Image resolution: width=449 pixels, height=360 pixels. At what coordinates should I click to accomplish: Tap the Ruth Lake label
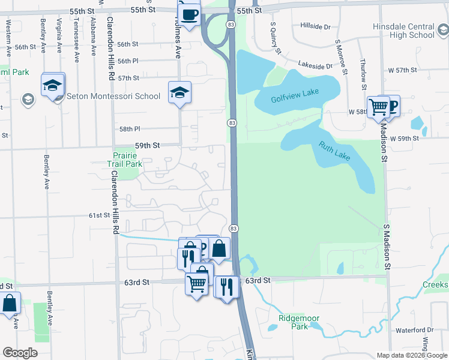pyautogui.click(x=334, y=151)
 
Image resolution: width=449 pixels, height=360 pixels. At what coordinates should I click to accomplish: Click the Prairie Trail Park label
pyautogui.click(x=124, y=159)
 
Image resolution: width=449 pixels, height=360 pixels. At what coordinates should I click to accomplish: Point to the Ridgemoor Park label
pyautogui.click(x=293, y=322)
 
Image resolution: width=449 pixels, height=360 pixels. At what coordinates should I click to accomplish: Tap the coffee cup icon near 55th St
pyautogui.click(x=189, y=13)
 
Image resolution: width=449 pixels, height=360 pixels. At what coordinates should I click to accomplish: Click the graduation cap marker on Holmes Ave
pyautogui.click(x=179, y=93)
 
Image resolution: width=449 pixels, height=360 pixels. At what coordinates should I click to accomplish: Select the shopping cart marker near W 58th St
pyautogui.click(x=379, y=107)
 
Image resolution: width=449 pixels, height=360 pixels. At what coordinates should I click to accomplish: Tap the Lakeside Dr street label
pyautogui.click(x=316, y=66)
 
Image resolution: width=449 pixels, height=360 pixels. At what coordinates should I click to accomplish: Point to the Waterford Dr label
pyautogui.click(x=414, y=330)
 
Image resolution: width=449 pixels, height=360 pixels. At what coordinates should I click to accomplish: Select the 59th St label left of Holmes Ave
pyautogui.click(x=147, y=145)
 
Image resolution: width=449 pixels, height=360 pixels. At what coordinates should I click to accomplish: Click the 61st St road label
pyautogui.click(x=100, y=215)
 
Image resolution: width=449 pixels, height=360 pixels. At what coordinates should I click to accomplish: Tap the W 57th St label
pyautogui.click(x=402, y=70)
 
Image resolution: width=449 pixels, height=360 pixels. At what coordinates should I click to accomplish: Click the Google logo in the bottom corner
pyautogui.click(x=19, y=353)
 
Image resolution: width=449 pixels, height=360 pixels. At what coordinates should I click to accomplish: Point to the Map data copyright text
pyautogui.click(x=411, y=355)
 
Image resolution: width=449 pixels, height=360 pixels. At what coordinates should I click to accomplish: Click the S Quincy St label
pyautogui.click(x=277, y=37)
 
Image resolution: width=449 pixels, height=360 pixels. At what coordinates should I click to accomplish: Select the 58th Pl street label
pyautogui.click(x=129, y=129)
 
